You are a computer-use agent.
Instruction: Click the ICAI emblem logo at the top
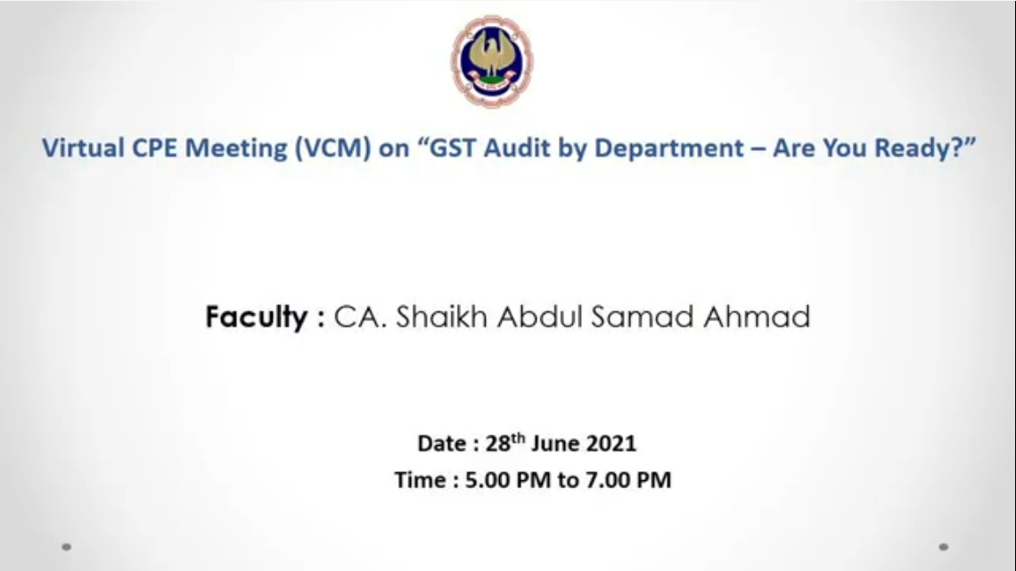coord(493,61)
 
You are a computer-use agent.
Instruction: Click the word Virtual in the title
coord(83,148)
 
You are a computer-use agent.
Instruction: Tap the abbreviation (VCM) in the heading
coord(333,148)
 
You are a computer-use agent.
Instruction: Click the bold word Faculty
coord(257,318)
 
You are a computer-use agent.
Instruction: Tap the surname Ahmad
coord(757,317)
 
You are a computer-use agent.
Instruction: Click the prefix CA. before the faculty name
coord(360,317)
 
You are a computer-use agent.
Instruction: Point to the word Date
coord(442,443)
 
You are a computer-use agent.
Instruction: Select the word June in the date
coord(554,443)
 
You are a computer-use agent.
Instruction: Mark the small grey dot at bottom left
coord(66,547)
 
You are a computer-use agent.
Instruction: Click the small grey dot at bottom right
coord(944,547)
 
